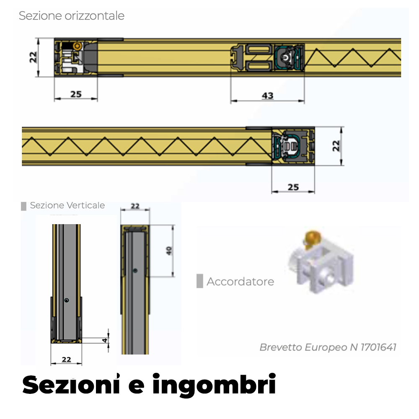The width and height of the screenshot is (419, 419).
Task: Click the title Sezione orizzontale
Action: click(72, 16)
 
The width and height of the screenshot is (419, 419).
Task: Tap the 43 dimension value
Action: click(267, 96)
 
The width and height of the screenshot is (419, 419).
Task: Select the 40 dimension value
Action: click(169, 251)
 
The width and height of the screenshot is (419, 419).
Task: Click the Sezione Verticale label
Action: click(67, 205)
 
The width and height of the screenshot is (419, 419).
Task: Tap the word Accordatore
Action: click(240, 282)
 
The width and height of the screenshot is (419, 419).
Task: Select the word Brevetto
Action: click(280, 347)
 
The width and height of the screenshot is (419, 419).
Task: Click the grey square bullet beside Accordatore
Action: click(200, 281)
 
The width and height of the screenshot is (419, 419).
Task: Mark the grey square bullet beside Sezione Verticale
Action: click(24, 206)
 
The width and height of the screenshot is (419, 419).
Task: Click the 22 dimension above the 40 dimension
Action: click(135, 206)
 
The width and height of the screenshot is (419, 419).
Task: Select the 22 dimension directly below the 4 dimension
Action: click(66, 359)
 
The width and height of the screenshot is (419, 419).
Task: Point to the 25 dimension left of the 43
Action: click(76, 94)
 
